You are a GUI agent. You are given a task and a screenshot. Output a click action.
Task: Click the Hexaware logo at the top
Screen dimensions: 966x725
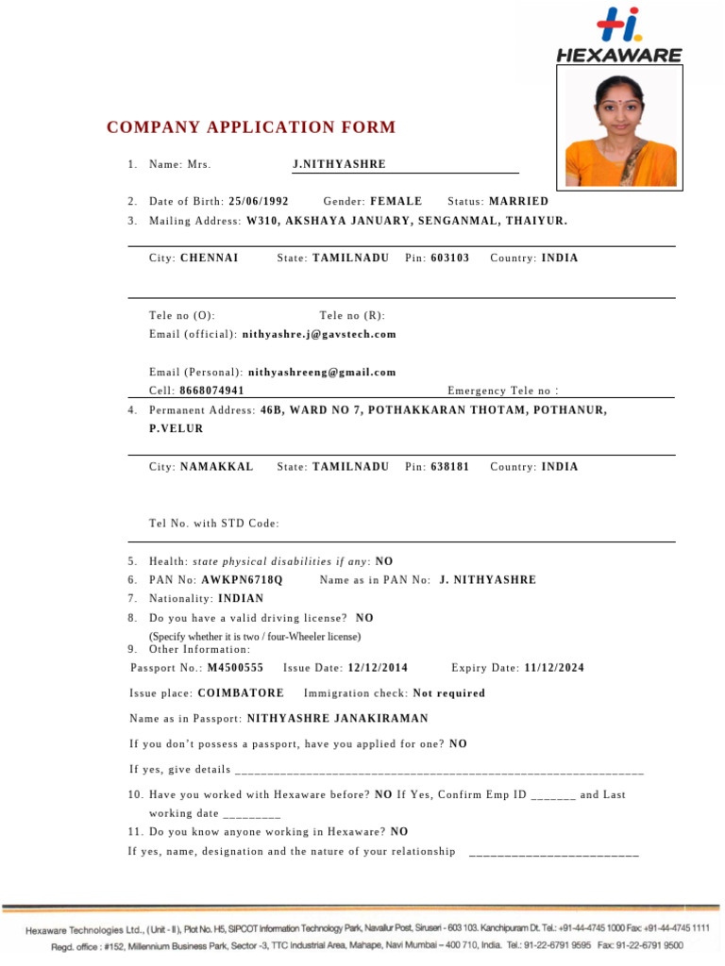pyautogui.click(x=618, y=36)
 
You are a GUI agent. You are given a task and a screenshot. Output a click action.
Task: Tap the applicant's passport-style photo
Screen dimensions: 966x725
pyautogui.click(x=620, y=131)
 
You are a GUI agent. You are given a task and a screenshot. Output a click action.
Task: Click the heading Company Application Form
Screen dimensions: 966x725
pyautogui.click(x=251, y=128)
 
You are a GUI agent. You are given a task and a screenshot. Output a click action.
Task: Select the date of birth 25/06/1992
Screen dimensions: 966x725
pyautogui.click(x=259, y=202)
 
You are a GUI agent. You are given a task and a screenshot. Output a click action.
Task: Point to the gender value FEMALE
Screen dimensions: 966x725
pyautogui.click(x=396, y=202)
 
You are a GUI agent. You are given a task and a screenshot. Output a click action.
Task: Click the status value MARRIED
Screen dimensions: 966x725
pyautogui.click(x=518, y=202)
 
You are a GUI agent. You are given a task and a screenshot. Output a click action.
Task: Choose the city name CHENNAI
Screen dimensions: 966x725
pyautogui.click(x=209, y=258)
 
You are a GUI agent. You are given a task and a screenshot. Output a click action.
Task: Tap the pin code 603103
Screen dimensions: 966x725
pyautogui.click(x=449, y=258)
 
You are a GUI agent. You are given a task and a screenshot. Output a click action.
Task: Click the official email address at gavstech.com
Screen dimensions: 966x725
pyautogui.click(x=319, y=335)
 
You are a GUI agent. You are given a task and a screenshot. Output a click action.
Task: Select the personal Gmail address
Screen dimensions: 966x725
pyautogui.click(x=322, y=373)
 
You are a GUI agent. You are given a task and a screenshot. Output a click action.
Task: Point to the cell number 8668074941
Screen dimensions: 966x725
pyautogui.click(x=211, y=391)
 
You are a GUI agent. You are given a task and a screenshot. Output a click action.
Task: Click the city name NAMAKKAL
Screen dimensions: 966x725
pyautogui.click(x=216, y=467)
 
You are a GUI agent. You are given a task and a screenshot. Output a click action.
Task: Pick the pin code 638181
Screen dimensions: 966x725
pyautogui.click(x=449, y=467)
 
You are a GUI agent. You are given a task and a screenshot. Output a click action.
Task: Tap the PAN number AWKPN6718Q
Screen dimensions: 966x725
pyautogui.click(x=242, y=580)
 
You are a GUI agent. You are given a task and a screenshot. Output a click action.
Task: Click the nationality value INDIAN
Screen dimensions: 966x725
pyautogui.click(x=241, y=599)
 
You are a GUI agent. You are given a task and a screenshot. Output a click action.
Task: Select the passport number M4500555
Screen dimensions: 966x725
pyautogui.click(x=235, y=668)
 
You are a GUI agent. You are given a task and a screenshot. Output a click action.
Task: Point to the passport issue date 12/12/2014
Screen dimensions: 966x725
pyautogui.click(x=378, y=668)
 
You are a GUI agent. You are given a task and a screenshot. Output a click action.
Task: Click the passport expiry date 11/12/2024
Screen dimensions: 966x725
pyautogui.click(x=553, y=668)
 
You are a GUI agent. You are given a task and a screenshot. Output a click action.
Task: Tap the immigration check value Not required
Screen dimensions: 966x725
pyautogui.click(x=449, y=693)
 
